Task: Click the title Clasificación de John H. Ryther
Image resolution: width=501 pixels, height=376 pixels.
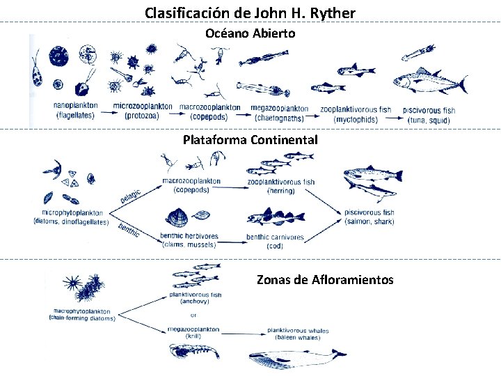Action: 250,13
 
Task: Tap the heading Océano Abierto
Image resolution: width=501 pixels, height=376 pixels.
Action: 250,33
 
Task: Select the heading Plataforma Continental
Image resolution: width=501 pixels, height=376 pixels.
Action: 250,140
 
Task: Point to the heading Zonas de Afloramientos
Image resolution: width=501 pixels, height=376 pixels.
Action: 325,280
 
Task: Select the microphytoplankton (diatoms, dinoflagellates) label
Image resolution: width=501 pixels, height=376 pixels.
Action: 70,217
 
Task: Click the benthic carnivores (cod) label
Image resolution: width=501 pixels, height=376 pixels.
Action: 275,241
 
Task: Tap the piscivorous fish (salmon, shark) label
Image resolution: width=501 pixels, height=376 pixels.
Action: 369,217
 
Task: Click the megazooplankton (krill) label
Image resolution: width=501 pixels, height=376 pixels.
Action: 194,332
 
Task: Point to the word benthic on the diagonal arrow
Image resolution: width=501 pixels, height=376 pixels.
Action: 129,229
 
